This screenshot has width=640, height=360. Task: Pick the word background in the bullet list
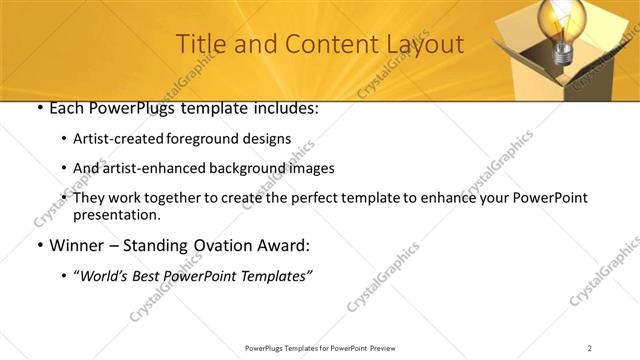coord(243,168)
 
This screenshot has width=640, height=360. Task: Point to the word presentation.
coord(116,214)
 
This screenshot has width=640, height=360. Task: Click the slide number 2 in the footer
coord(590,347)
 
